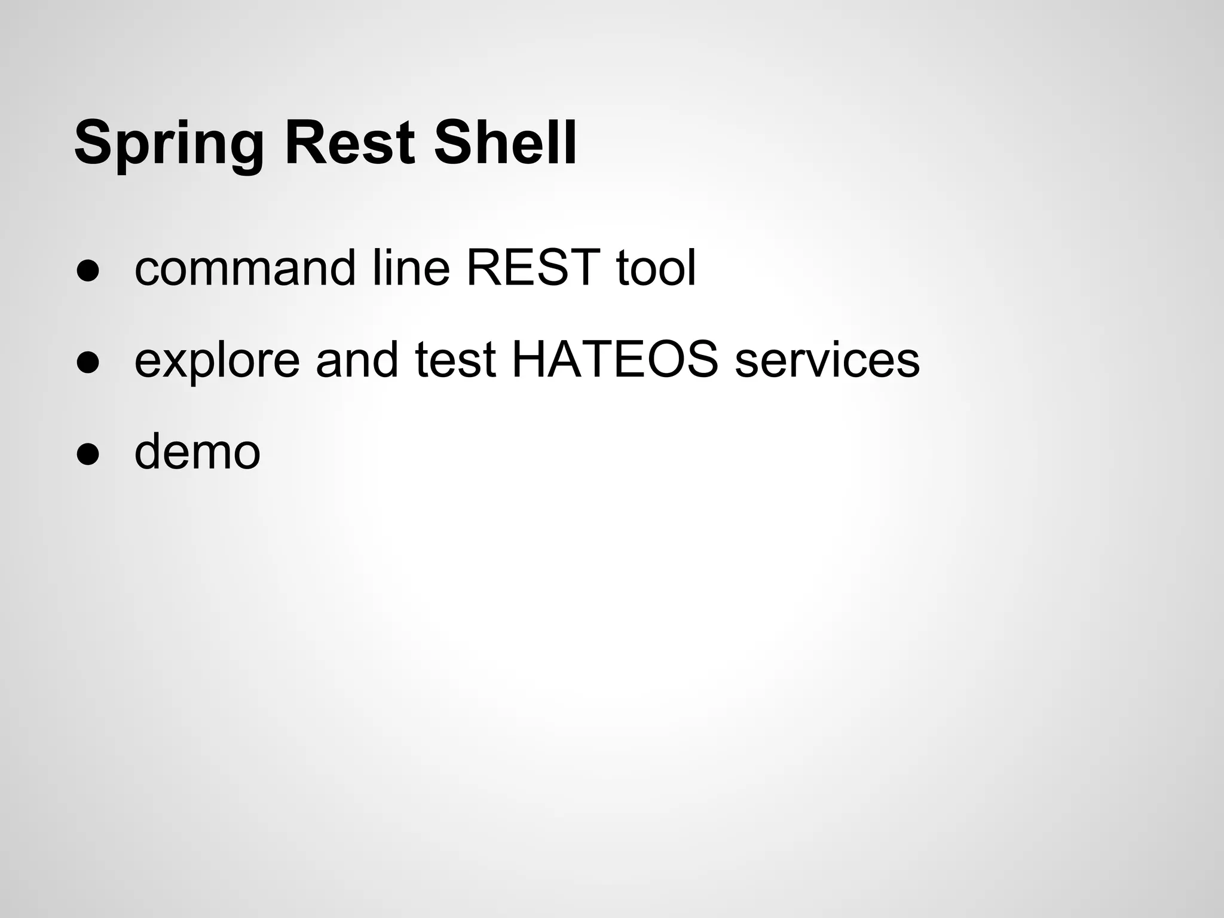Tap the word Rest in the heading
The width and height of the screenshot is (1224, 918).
(x=350, y=143)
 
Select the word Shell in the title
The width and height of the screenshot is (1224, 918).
(x=505, y=143)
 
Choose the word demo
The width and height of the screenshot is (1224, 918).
(x=197, y=452)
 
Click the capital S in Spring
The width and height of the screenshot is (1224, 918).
(x=93, y=143)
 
